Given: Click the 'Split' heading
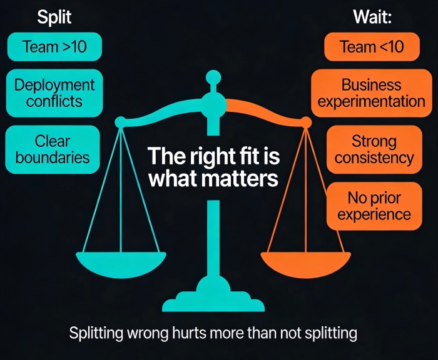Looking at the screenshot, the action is click(54, 17).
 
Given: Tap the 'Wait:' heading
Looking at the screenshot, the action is click(372, 17).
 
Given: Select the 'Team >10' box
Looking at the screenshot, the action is click(54, 47).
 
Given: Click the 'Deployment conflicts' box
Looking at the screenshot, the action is click(54, 93).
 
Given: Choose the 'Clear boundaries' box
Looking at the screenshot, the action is click(53, 149).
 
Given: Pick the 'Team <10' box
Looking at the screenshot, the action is click(372, 47).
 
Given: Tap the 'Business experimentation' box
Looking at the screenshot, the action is click(372, 93).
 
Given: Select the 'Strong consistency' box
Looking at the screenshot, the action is click(374, 149).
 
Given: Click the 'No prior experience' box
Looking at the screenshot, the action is click(374, 206).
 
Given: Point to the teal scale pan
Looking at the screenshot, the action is click(121, 264).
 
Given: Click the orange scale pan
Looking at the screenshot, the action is click(305, 264).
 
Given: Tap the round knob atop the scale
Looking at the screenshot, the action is click(213, 77).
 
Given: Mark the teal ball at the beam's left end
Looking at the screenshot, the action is click(120, 122).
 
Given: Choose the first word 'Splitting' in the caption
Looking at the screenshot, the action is click(96, 333).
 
